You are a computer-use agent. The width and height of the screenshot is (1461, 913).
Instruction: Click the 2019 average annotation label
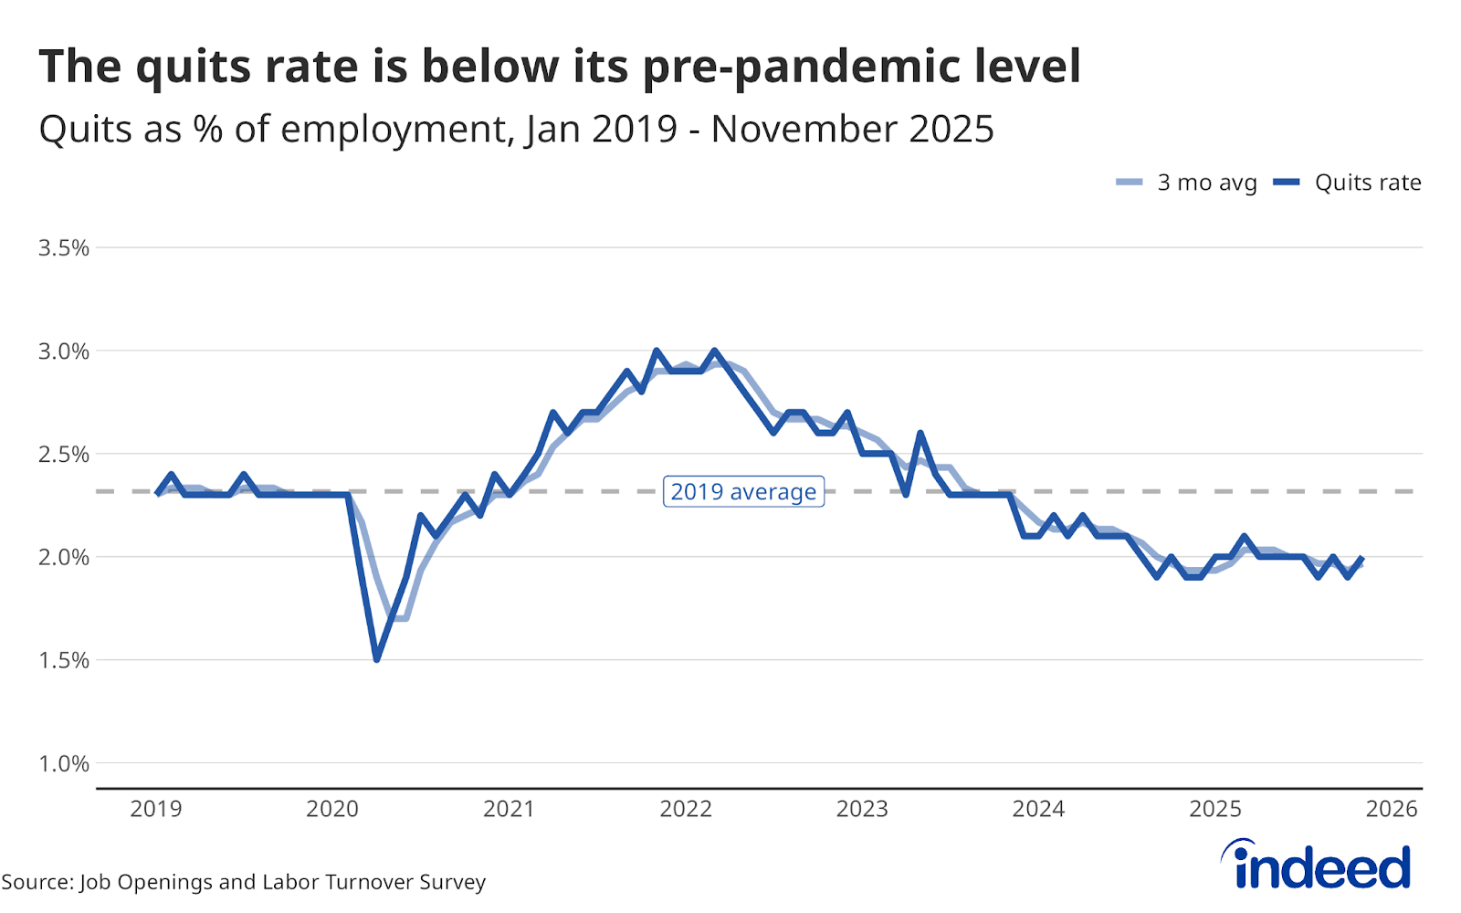point(743,491)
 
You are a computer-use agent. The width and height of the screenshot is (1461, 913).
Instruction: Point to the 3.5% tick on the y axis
point(64,248)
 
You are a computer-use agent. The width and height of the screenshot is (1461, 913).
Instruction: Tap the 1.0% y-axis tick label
point(64,763)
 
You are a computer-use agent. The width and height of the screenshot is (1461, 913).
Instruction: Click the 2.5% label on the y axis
point(64,455)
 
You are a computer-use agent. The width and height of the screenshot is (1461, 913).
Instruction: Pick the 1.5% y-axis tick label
point(64,660)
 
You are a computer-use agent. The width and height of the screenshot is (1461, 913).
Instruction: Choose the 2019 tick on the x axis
point(156,809)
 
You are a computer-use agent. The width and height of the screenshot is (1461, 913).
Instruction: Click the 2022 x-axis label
point(686,809)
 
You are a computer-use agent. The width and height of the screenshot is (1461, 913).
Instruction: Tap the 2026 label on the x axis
point(1392,809)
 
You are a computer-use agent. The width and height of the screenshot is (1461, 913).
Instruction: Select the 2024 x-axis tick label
point(1038,809)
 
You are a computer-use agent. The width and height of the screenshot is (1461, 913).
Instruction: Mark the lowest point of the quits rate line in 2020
point(376,659)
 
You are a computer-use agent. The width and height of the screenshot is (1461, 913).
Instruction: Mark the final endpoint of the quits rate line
point(1362,558)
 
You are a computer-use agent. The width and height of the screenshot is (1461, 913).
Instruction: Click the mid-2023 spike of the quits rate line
point(920,434)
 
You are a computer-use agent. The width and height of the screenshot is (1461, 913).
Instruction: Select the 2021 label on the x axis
point(509,809)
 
